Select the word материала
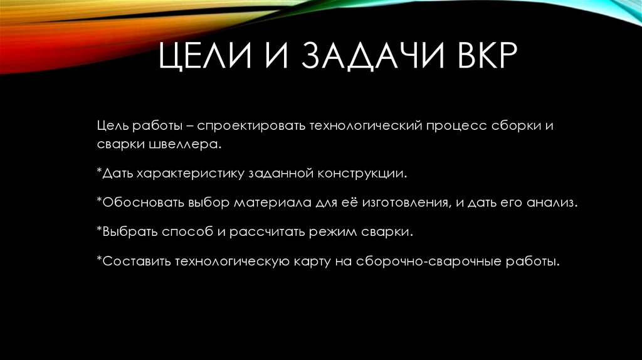pos(271,204)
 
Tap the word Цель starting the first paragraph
pos(112,125)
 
